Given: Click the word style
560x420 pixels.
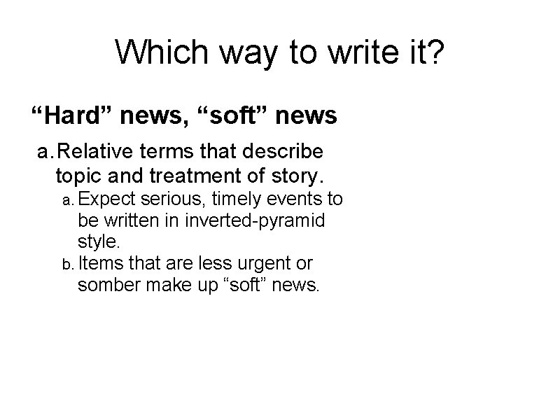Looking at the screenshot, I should coord(99,242).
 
